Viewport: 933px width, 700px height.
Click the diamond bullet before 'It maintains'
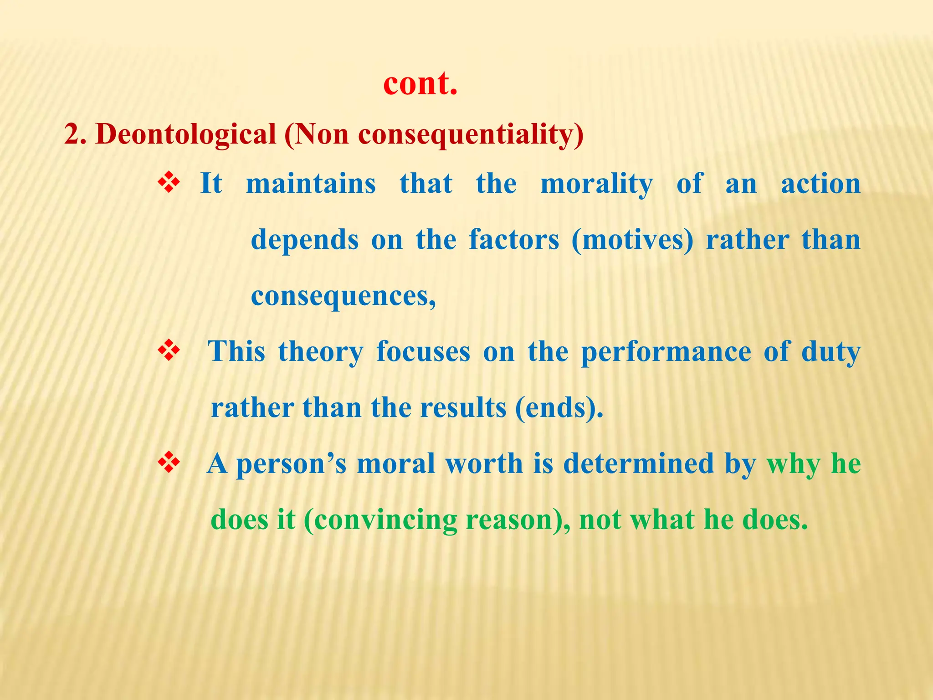coord(169,184)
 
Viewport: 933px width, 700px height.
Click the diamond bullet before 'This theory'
coord(169,352)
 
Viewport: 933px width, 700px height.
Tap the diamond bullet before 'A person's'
coord(169,464)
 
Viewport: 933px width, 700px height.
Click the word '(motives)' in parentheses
coord(632,240)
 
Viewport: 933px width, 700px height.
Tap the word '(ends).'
coord(559,408)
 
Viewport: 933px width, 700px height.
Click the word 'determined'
coord(638,464)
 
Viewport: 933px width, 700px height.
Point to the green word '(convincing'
coord(380,520)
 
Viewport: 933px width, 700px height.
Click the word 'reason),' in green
coord(518,520)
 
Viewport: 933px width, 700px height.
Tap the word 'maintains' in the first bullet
coord(311,184)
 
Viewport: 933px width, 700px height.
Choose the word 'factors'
coord(514,240)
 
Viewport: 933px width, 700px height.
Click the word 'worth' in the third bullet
coord(484,464)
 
